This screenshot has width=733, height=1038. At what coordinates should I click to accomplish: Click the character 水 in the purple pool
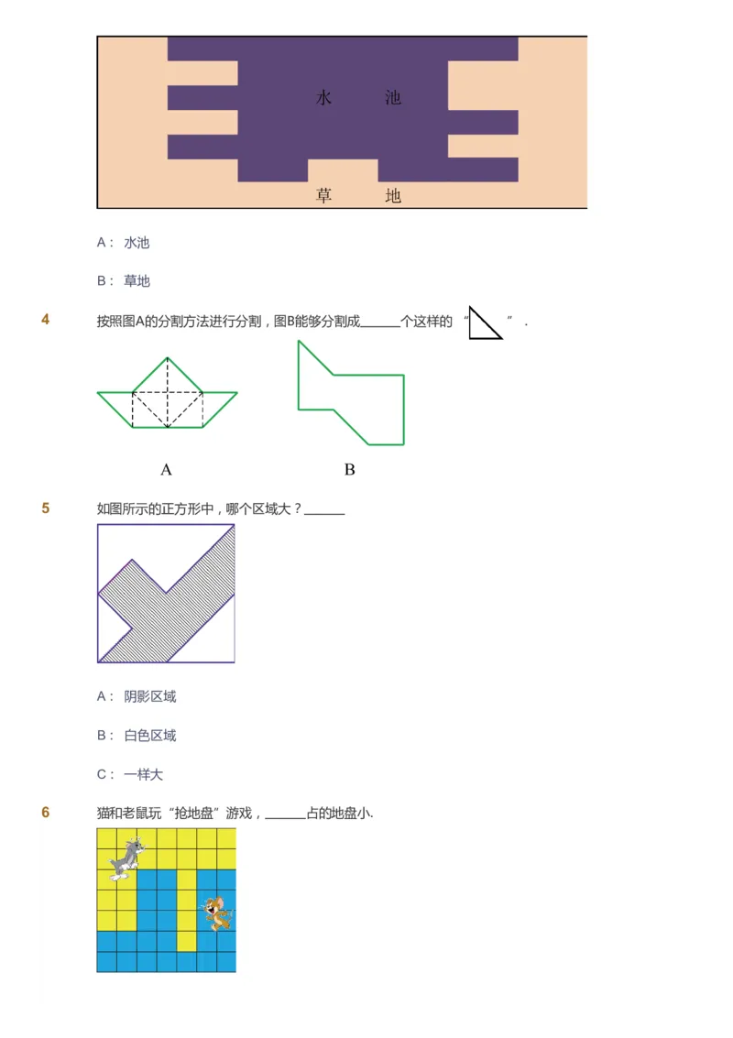(323, 98)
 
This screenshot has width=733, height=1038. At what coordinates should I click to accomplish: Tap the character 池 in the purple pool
(393, 98)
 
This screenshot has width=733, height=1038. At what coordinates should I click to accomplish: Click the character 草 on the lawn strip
(323, 195)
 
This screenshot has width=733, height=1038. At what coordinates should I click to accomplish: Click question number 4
(46, 320)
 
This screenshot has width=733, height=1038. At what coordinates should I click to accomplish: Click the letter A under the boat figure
(166, 470)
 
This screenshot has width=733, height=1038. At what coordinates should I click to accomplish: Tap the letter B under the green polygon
(349, 470)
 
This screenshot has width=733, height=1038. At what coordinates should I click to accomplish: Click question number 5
(46, 508)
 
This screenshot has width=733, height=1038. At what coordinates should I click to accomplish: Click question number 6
(46, 813)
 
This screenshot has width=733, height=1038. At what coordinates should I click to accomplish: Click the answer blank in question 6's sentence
(285, 814)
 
